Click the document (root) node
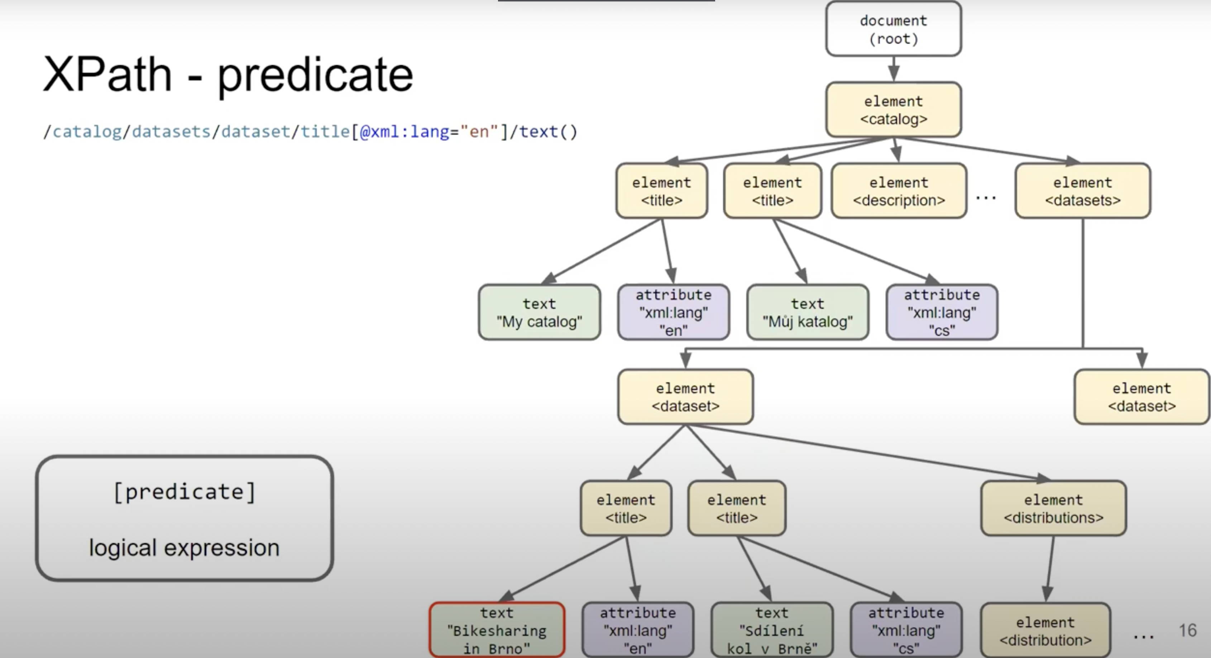coord(893,29)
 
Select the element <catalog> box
coord(893,110)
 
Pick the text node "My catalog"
coord(539,312)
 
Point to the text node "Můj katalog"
coord(807,312)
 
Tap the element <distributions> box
coord(1053,509)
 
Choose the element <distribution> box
coord(1045,631)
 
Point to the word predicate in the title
coord(315,75)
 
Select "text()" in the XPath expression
coord(548,132)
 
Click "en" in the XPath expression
coord(479,132)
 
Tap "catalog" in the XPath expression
coord(87,132)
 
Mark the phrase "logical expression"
coord(184,548)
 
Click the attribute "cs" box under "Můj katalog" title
coord(942,312)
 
